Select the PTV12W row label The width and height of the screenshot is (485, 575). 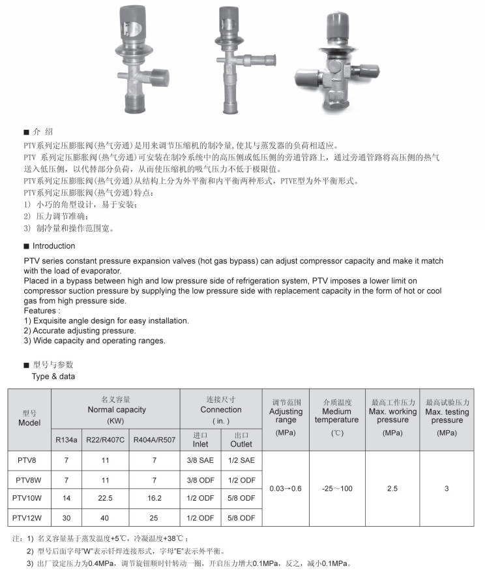29,518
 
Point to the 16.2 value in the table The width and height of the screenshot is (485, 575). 154,499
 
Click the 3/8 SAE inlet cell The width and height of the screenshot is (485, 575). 200,461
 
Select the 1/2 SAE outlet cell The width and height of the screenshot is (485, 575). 241,461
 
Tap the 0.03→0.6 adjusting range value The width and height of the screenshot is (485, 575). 286,489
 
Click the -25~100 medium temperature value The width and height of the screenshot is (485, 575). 336,489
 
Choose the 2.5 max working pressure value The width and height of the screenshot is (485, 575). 392,489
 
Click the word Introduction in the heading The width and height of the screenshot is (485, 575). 53,246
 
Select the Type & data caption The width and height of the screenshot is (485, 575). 53,377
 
